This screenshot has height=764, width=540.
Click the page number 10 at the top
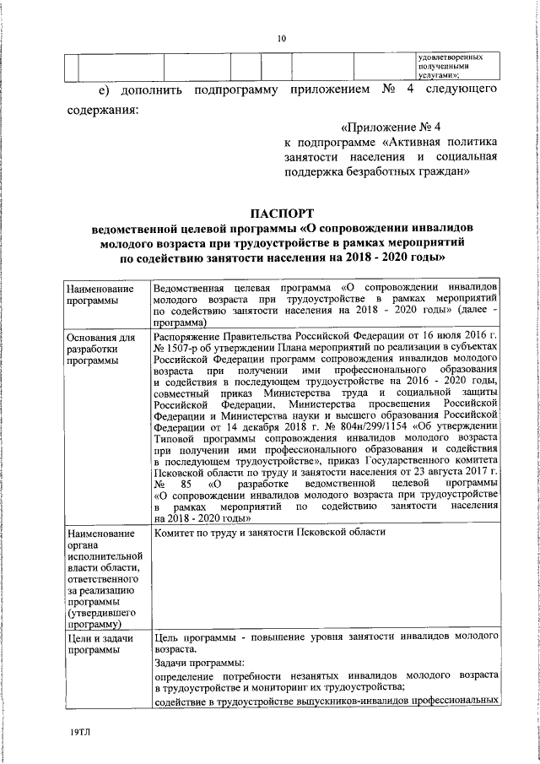[282, 37]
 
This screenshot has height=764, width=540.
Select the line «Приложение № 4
[387, 127]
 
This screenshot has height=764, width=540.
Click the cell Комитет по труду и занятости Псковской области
[270, 533]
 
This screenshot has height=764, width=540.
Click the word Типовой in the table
[175, 440]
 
